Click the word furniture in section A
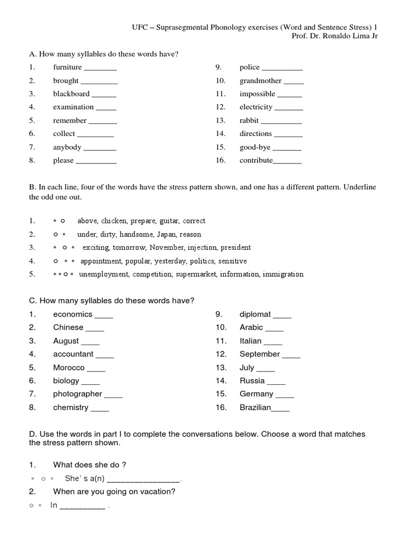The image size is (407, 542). (67, 67)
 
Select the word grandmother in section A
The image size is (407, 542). (260, 81)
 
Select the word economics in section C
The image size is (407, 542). (73, 314)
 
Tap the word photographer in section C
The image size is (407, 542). (77, 394)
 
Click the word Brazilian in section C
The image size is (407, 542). (255, 408)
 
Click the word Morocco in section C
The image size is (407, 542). (69, 367)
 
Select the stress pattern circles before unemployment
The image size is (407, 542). (64, 275)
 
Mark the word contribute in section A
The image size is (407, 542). (256, 160)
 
